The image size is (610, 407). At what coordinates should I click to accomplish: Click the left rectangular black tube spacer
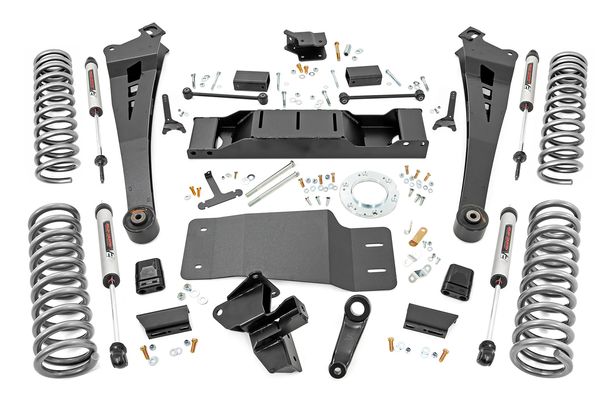tap(247, 80)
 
